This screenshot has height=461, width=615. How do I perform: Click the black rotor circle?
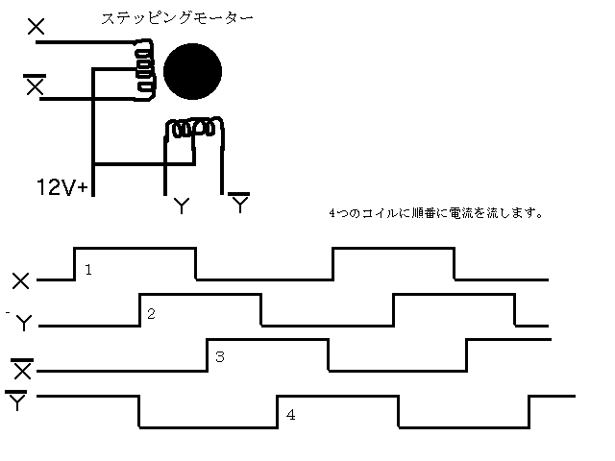click(192, 71)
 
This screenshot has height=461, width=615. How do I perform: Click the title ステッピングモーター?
click(177, 18)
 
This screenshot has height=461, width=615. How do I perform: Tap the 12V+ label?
click(61, 187)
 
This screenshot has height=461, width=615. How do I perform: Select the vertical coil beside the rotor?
click(145, 70)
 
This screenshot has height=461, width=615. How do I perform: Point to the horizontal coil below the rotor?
click(194, 127)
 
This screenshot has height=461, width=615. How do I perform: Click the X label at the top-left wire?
click(37, 27)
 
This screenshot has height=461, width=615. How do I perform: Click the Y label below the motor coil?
click(182, 206)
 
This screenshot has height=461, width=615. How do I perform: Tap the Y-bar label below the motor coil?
click(239, 203)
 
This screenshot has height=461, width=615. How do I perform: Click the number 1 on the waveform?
click(88, 270)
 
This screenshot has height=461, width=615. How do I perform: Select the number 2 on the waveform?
click(152, 314)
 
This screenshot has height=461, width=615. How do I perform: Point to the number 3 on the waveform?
click(220, 356)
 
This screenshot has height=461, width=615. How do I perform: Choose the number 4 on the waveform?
click(290, 415)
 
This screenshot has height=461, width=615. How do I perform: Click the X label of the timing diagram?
click(21, 281)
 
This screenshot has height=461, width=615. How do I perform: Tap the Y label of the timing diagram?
click(23, 323)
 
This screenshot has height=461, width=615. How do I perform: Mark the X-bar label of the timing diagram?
click(22, 369)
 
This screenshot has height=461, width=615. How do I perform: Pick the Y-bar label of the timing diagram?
click(16, 400)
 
